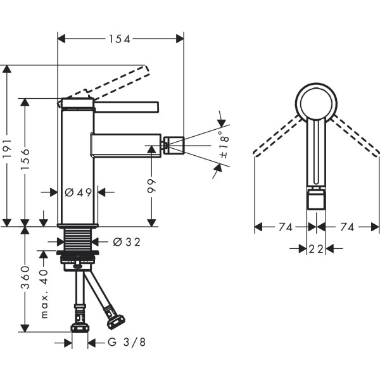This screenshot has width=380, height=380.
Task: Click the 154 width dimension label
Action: [x=118, y=39]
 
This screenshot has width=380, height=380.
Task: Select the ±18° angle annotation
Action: [x=223, y=146]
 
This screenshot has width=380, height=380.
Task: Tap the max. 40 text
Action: [x=44, y=293]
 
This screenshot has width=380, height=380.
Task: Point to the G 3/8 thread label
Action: [x=127, y=343]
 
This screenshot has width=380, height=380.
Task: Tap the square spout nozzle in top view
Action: [x=315, y=200]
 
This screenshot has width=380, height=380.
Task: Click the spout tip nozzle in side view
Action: [x=174, y=145]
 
